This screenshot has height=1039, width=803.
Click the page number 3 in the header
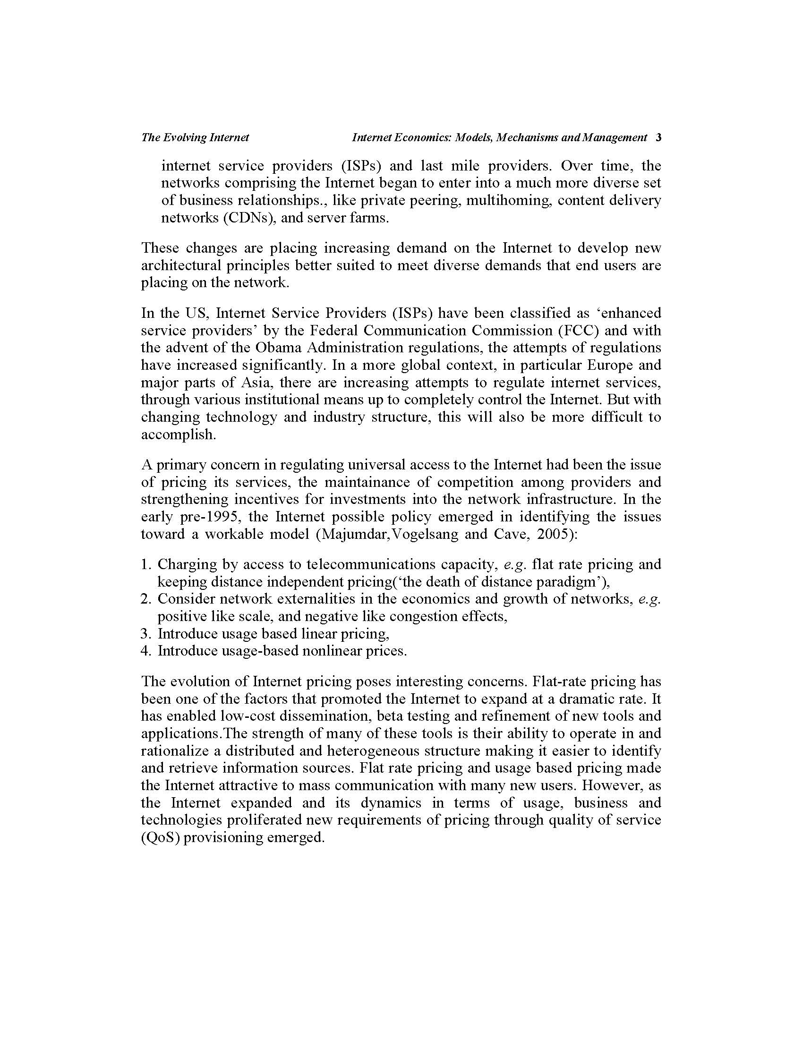pos(658,137)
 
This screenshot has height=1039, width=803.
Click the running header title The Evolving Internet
pos(195,137)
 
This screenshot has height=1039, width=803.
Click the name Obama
pos(279,347)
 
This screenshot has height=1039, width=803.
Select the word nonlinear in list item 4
pos(328,651)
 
